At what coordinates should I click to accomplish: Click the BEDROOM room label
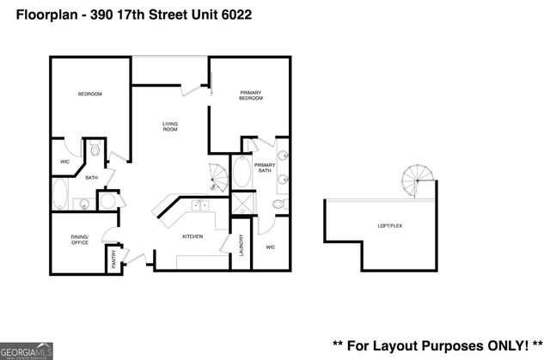90,94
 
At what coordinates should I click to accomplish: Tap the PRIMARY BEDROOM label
250,95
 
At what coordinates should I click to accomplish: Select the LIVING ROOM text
170,126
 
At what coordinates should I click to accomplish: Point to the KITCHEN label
192,236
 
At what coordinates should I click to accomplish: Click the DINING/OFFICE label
79,241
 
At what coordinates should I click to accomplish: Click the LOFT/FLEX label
390,225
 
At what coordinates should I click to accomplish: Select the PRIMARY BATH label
264,167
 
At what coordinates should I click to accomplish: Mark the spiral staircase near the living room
219,178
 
